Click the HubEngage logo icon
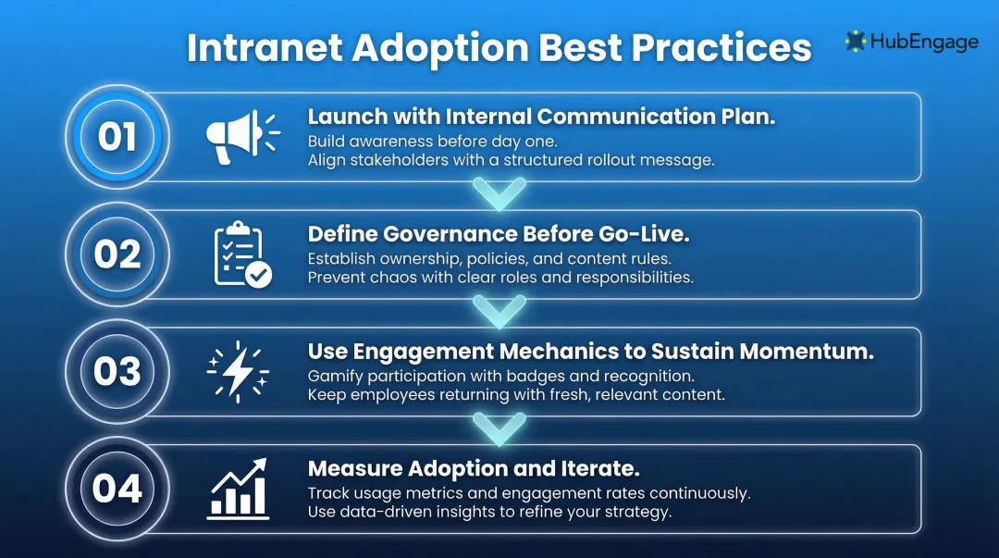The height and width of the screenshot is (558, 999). pyautogui.click(x=855, y=42)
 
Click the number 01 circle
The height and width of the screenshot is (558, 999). pyautogui.click(x=117, y=137)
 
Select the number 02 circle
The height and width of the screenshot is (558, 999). pyautogui.click(x=117, y=254)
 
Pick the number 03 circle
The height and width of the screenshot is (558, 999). pyautogui.click(x=117, y=371)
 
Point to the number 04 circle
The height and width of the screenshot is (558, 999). pyautogui.click(x=117, y=489)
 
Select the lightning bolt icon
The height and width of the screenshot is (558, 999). pyautogui.click(x=239, y=371)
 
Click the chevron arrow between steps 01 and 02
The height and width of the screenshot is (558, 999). pyautogui.click(x=499, y=193)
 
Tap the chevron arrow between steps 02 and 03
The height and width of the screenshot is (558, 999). pyautogui.click(x=499, y=311)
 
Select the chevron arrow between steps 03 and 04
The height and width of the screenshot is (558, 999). pyautogui.click(x=499, y=428)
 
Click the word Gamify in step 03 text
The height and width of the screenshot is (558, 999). pyautogui.click(x=334, y=377)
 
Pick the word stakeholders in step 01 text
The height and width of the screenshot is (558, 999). pyautogui.click(x=388, y=159)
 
